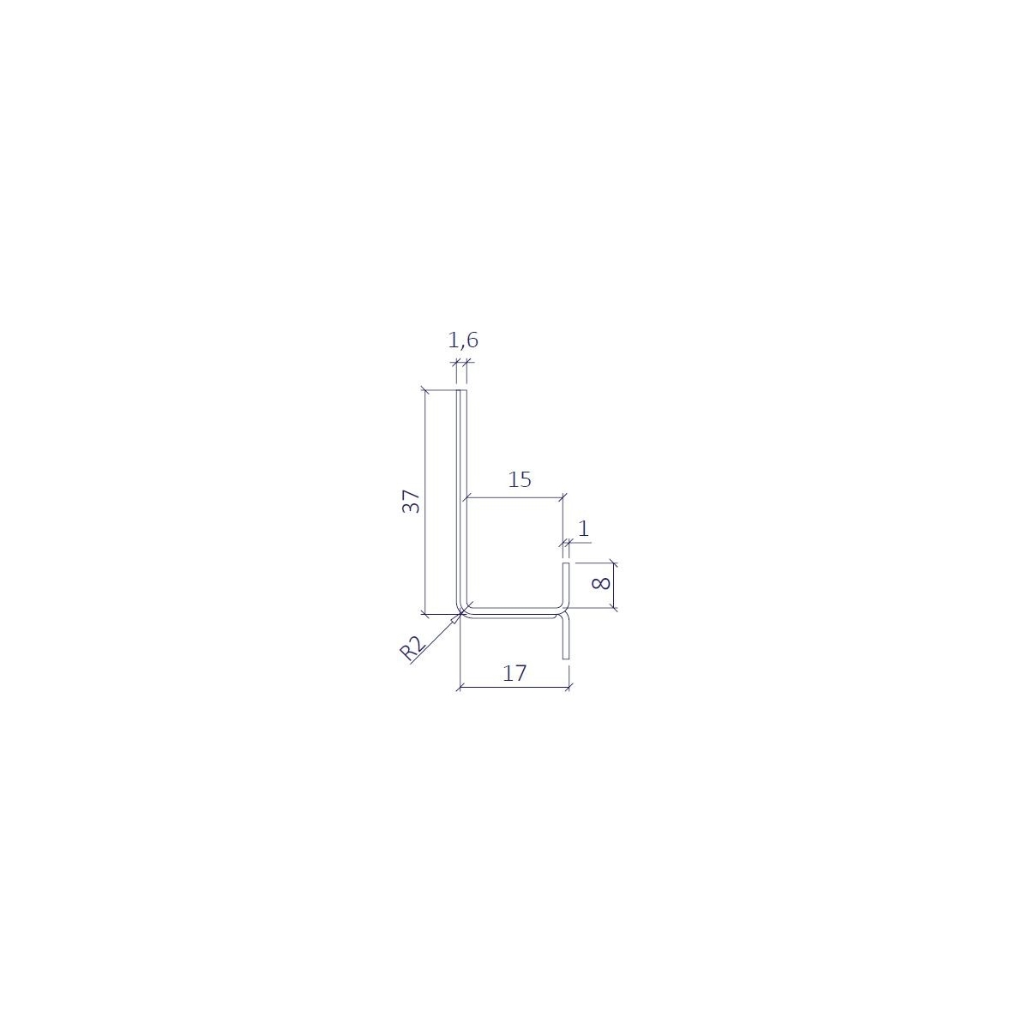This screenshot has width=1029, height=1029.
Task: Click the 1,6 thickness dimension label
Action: pos(463,340)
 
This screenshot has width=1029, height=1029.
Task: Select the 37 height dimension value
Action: pos(412,502)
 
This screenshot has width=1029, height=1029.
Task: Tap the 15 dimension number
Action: pos(519,479)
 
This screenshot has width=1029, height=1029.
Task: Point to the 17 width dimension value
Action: pos(514,673)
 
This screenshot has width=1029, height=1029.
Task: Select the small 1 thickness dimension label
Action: pos(584,530)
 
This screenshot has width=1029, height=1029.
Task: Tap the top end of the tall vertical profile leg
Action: pos(461,392)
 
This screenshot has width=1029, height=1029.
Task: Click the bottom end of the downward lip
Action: pos(566,658)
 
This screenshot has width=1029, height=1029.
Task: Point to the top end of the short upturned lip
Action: pos(565,564)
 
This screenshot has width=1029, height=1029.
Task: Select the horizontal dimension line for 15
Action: pos(514,496)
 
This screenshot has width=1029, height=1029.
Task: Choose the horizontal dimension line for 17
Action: pos(514,687)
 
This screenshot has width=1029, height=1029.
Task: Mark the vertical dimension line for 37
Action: pos(424,502)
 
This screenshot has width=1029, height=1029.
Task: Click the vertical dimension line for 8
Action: pos(613,586)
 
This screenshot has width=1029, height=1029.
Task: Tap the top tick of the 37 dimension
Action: pos(424,391)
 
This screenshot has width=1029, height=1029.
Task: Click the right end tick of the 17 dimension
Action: pos(569,687)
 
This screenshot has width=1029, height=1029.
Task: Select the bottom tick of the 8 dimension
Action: pos(613,609)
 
